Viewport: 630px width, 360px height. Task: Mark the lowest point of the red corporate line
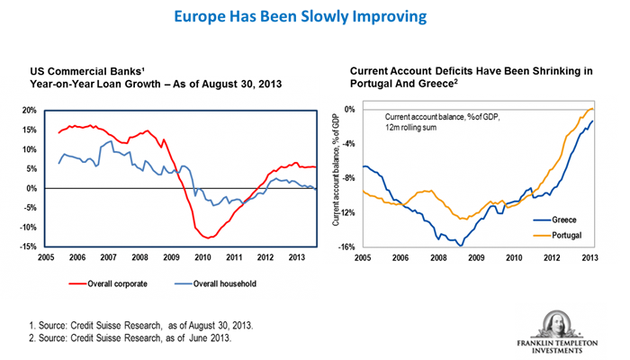tap(209, 238)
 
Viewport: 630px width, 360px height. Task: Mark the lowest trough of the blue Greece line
tap(462, 245)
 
